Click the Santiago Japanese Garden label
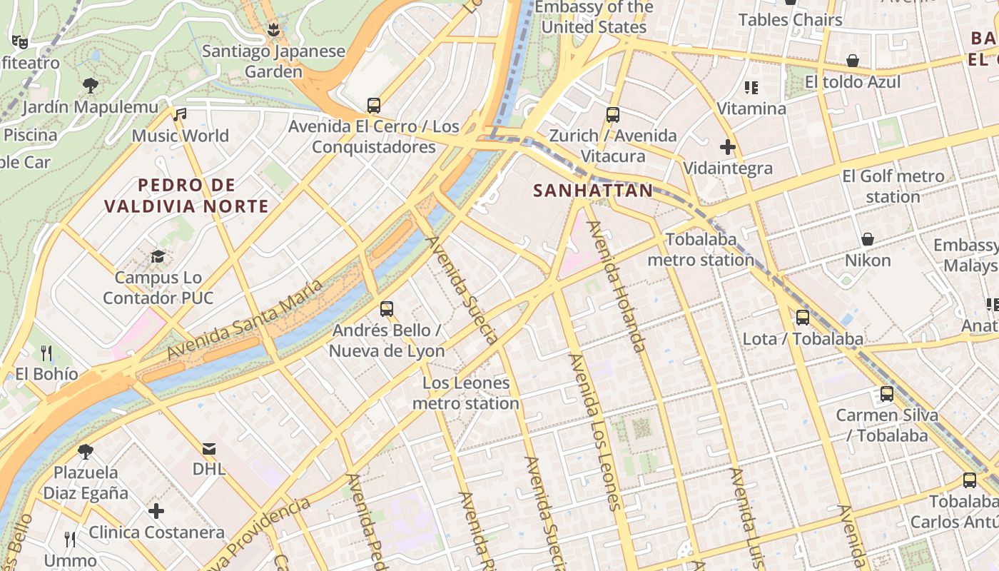273,61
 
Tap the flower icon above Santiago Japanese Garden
272,30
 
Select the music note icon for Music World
180,114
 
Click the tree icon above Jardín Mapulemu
90,86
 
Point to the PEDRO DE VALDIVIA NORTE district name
186,196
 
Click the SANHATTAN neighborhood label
592,191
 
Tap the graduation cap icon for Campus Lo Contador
158,256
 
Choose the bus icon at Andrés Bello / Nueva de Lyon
387,309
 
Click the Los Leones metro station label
466,393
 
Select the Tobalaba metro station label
700,250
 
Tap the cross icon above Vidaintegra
727,147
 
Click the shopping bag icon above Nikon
868,239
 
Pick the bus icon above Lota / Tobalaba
803,317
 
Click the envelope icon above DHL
209,448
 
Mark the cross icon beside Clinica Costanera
156,511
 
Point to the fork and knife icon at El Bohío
46,353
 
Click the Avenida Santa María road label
245,319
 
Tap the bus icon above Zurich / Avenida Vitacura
612,114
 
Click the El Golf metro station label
893,186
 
